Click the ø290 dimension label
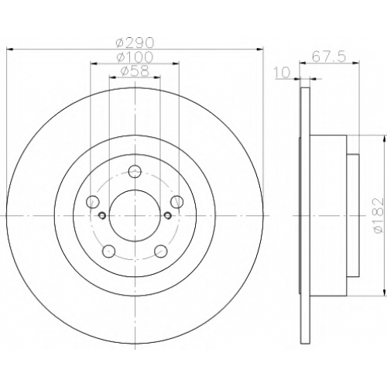coord(135,43)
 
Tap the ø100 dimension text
coord(135,57)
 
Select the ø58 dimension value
coord(135,71)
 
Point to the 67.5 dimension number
coord(328,57)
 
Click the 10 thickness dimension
coord(282,73)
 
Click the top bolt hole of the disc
coord(135,171)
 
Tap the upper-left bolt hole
coord(93,201)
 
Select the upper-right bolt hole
coord(177,201)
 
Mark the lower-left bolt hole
coord(109,251)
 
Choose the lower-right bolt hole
coord(161,251)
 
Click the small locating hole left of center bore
coord(102,215)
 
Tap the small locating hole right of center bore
coord(168,215)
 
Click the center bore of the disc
coord(135,215)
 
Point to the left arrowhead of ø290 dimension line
coord(9,49)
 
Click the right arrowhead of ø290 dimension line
coord(260,49)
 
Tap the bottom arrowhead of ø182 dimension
coord(385,293)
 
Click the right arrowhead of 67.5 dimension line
coord(356,62)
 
